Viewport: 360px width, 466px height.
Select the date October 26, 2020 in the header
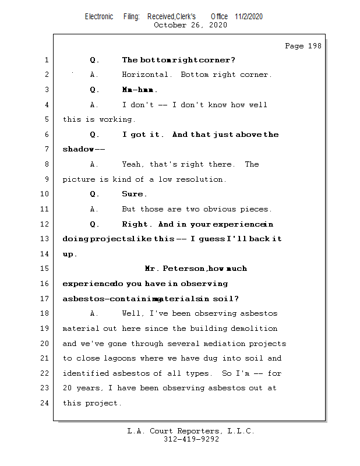coord(190,25)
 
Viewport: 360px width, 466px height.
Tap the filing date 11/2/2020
coord(249,16)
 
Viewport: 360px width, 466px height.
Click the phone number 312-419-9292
coord(191,439)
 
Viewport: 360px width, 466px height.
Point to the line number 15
coord(45,269)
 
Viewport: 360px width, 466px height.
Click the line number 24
coord(45,403)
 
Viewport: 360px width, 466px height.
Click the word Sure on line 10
coord(134,194)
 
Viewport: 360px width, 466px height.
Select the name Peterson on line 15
coord(184,269)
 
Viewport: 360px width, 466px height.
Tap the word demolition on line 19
coord(254,329)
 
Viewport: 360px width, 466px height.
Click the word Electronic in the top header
coord(99,16)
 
